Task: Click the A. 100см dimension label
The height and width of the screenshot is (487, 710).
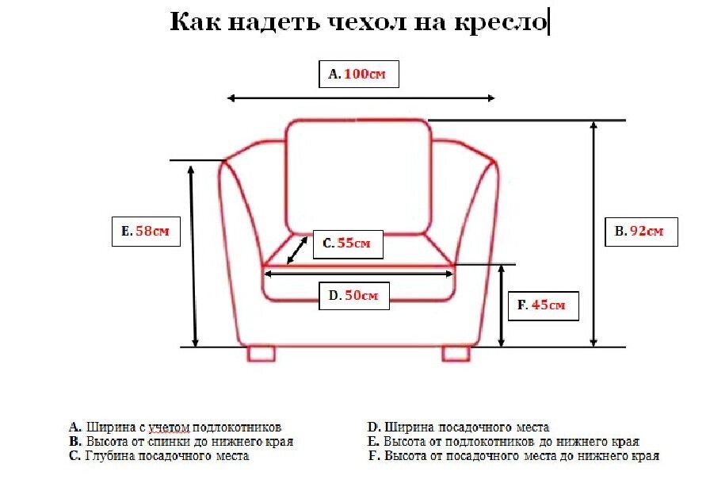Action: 357,74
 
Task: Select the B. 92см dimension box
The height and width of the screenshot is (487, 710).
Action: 639,232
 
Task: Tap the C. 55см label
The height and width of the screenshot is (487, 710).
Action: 347,243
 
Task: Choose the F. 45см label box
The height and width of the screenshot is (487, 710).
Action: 542,305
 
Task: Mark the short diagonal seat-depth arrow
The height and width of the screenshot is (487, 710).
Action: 298,250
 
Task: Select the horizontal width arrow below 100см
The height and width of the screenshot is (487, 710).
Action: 361,98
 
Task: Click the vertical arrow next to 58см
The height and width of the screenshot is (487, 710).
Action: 192,254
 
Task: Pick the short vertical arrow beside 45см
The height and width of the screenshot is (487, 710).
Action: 502,306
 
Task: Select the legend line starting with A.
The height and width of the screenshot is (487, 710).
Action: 175,428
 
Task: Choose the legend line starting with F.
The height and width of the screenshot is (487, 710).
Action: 513,456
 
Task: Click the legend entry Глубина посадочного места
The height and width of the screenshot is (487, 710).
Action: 158,456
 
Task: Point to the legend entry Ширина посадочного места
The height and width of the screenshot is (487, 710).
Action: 459,428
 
